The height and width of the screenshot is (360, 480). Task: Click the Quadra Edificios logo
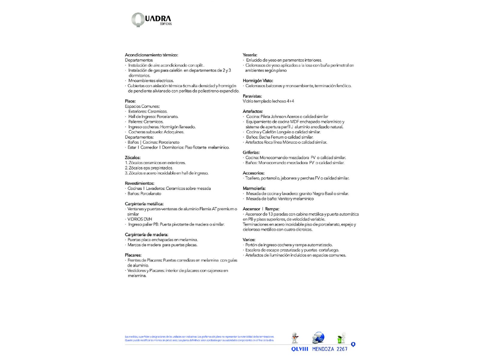click(x=151, y=20)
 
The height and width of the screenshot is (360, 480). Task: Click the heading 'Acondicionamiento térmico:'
click(x=151, y=55)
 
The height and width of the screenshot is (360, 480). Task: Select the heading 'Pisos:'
click(x=130, y=101)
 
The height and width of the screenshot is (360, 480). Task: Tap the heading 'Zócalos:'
click(x=133, y=157)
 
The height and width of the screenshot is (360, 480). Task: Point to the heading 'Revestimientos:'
click(x=139, y=183)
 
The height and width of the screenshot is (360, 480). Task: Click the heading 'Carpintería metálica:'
click(x=144, y=204)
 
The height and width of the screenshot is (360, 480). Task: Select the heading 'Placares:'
click(x=133, y=255)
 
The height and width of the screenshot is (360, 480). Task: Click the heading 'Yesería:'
click(x=250, y=55)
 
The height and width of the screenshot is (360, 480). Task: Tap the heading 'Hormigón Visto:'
click(x=258, y=81)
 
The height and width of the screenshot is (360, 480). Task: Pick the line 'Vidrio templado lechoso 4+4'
click(x=268, y=101)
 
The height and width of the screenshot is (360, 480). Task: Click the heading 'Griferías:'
click(x=251, y=152)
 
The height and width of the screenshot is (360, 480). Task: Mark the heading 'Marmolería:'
click(x=254, y=188)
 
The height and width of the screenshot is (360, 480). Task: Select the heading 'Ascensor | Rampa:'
click(x=261, y=209)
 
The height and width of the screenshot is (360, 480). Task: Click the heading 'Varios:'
click(x=249, y=240)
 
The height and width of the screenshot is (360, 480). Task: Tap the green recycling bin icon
click(x=341, y=338)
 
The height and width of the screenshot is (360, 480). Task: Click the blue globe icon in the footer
click(x=318, y=338)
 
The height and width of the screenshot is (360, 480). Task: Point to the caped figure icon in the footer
click(x=295, y=338)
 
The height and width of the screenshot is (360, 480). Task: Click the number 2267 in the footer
click(x=342, y=349)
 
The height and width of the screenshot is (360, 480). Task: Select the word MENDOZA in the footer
click(x=323, y=349)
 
